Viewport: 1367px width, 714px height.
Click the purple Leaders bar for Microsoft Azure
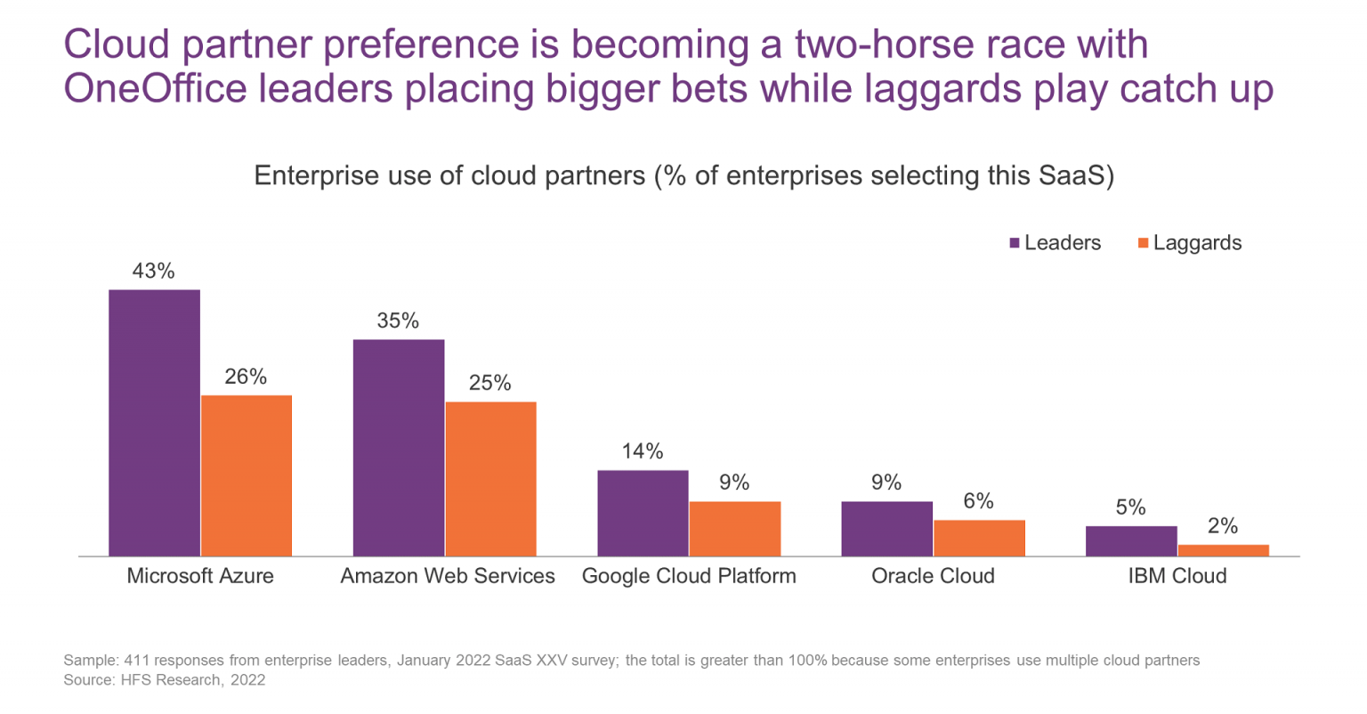pyautogui.click(x=154, y=423)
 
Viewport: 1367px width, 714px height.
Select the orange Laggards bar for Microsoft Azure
pyautogui.click(x=247, y=475)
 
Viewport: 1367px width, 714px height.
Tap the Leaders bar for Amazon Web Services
pyautogui.click(x=398, y=448)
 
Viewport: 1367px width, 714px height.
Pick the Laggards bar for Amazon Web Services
pyautogui.click(x=490, y=479)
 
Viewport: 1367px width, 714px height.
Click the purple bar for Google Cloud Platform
pyautogui.click(x=643, y=513)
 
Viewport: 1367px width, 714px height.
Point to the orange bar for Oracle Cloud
pyautogui.click(x=979, y=538)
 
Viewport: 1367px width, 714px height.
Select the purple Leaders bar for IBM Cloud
pyautogui.click(x=1130, y=541)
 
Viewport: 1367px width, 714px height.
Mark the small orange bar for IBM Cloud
pyautogui.click(x=1223, y=550)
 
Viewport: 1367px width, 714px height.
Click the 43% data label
pyautogui.click(x=154, y=272)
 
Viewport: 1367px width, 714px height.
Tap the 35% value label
pyautogui.click(x=398, y=320)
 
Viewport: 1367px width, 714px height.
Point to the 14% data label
pyautogui.click(x=643, y=451)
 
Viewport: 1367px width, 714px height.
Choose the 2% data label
pyautogui.click(x=1223, y=526)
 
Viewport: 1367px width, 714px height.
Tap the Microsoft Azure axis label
pyautogui.click(x=200, y=576)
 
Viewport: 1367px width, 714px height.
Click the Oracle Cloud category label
pyautogui.click(x=933, y=576)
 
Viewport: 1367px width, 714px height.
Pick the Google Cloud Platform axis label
pyautogui.click(x=689, y=576)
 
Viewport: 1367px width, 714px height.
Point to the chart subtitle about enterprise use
pyautogui.click(x=683, y=175)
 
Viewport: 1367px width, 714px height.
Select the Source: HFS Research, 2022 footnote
pyautogui.click(x=165, y=680)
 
